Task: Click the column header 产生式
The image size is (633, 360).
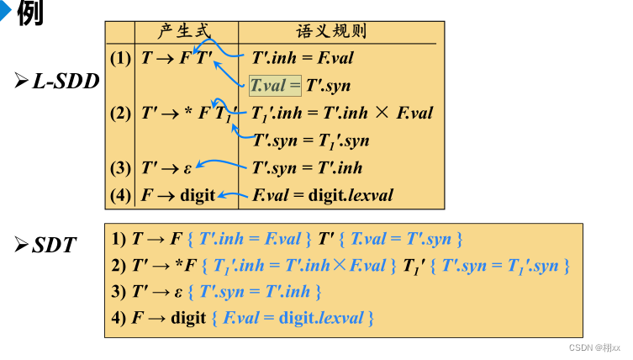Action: (183, 32)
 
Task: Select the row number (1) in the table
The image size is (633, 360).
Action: (120, 59)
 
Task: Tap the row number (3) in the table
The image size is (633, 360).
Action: (120, 168)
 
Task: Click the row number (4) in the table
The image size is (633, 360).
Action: (120, 196)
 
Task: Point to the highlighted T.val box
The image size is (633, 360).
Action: (274, 86)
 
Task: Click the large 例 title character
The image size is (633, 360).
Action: (29, 13)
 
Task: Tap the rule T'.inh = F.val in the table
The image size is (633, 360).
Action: (303, 59)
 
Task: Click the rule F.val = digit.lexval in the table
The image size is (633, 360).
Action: (323, 196)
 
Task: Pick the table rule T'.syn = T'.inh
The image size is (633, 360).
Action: (307, 168)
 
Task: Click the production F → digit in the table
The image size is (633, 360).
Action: (178, 196)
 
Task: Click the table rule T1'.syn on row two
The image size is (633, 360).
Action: (310, 140)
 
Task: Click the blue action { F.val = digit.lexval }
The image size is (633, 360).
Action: (293, 318)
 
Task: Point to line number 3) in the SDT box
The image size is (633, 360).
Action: (119, 292)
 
